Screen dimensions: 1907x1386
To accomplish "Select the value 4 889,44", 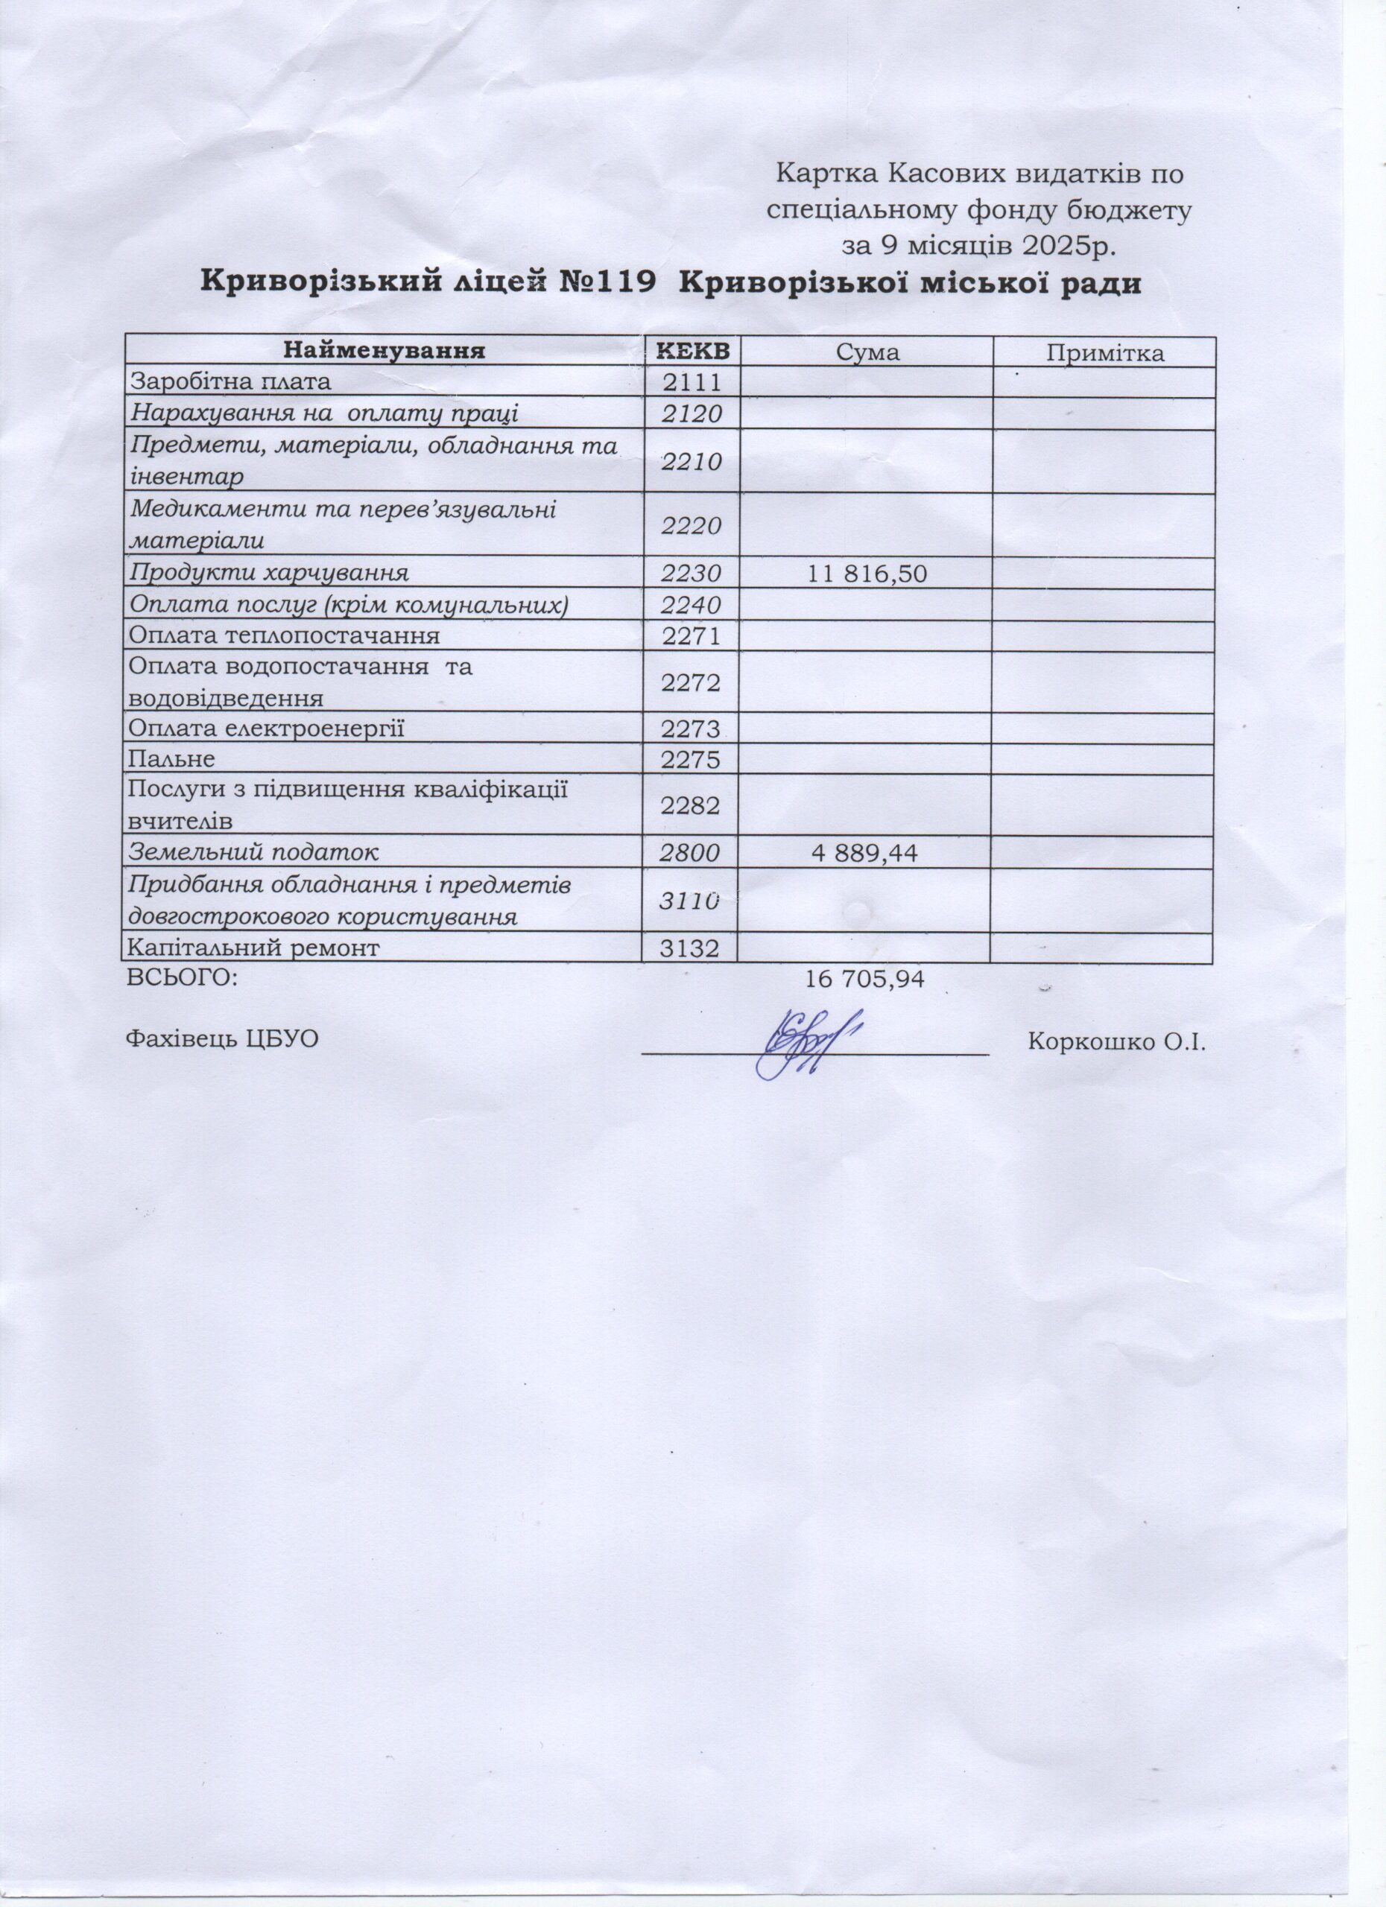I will coord(864,854).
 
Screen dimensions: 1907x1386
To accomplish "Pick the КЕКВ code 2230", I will coord(692,574).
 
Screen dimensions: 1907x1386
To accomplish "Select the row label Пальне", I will coord(171,759).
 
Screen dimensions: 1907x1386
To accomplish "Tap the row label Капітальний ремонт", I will coord(253,949).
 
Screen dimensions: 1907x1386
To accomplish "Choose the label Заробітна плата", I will coord(230,381).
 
